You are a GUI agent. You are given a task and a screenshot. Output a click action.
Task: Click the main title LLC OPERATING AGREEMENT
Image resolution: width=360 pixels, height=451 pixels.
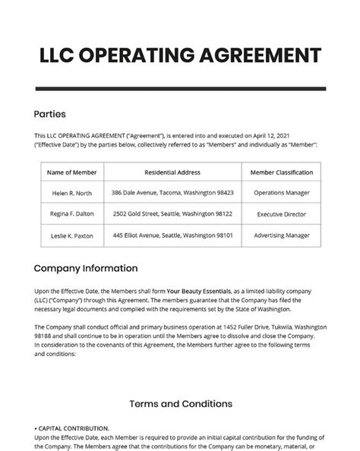pyautogui.click(x=180, y=55)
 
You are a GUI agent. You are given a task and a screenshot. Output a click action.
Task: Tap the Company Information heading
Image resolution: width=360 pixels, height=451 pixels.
pyautogui.click(x=86, y=268)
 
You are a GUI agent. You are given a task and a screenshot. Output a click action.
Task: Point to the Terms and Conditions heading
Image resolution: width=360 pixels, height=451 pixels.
pyautogui.click(x=180, y=403)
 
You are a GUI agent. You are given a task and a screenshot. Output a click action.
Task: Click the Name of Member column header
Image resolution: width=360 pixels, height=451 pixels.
pyautogui.click(x=71, y=172)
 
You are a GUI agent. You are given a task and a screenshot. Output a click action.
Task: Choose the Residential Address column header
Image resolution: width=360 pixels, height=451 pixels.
pyautogui.click(x=172, y=172)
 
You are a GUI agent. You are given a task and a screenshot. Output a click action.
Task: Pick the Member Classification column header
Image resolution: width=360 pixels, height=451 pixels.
pyautogui.click(x=281, y=172)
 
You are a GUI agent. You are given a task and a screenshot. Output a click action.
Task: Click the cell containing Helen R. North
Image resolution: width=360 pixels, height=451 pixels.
pyautogui.click(x=71, y=193)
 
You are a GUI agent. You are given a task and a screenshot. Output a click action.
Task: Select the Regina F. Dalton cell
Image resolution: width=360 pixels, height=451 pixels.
pyautogui.click(x=71, y=215)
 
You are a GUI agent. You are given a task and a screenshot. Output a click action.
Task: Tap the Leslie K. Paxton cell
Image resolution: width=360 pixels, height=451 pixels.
pyautogui.click(x=71, y=236)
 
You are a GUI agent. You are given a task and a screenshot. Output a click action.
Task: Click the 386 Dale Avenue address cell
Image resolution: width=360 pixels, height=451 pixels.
pyautogui.click(x=172, y=193)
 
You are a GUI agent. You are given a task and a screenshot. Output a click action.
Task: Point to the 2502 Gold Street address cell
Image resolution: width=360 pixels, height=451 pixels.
pyautogui.click(x=172, y=215)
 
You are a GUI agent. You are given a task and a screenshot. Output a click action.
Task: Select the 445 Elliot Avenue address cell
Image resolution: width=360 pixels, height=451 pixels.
pyautogui.click(x=172, y=236)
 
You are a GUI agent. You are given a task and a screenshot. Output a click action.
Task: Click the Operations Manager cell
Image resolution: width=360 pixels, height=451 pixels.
pyautogui.click(x=281, y=193)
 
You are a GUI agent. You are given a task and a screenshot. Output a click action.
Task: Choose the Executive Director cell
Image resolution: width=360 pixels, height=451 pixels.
pyautogui.click(x=281, y=215)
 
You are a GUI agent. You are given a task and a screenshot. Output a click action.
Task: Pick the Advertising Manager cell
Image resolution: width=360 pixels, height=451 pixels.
pyautogui.click(x=281, y=236)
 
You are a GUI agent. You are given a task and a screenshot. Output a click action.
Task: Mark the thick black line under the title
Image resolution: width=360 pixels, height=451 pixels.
pyautogui.click(x=180, y=89)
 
